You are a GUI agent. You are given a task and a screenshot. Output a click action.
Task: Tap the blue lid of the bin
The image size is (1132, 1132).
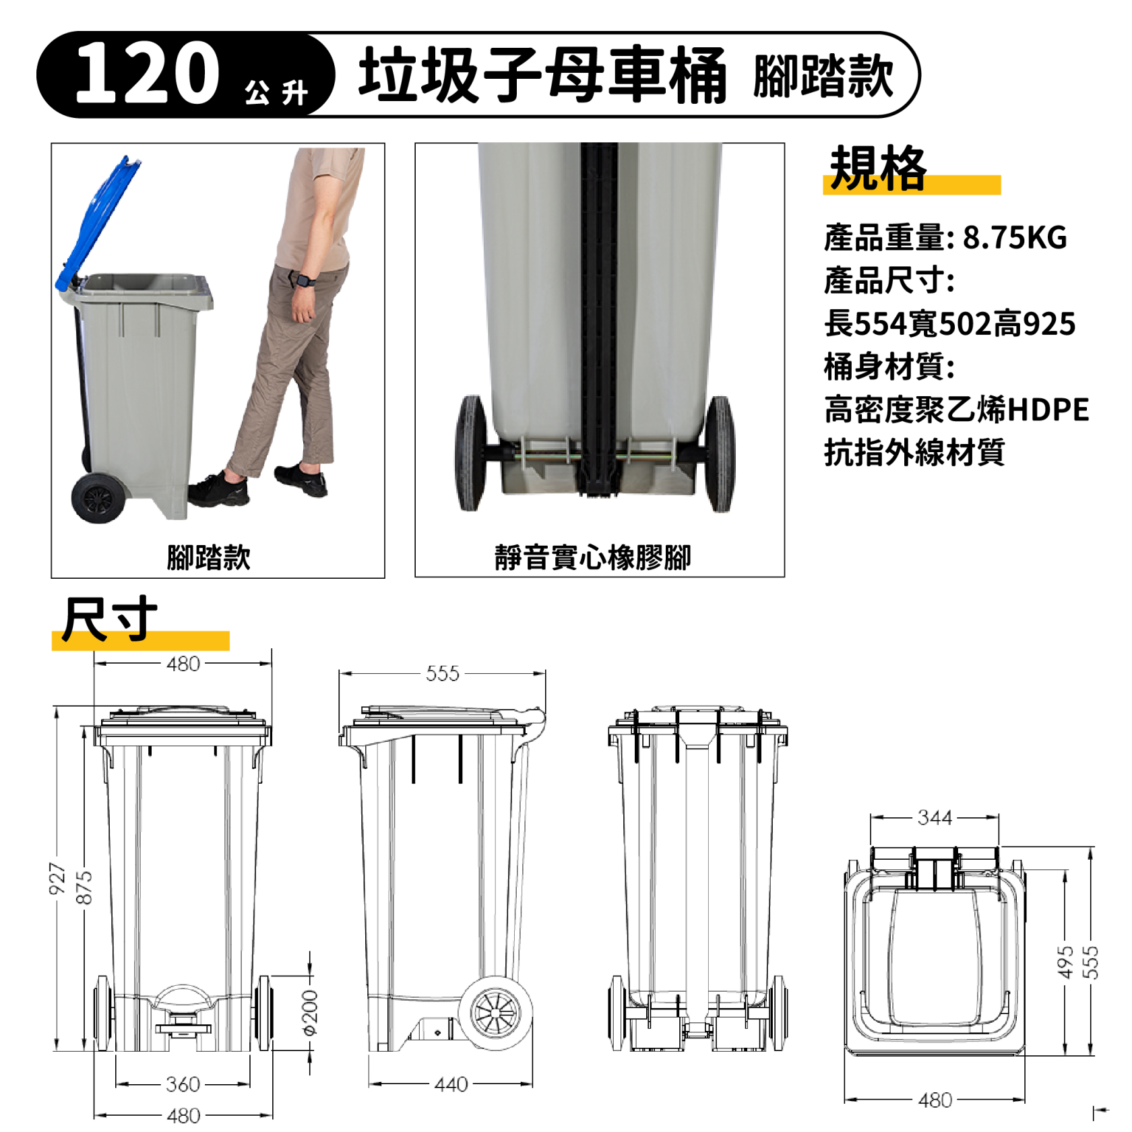[98, 222]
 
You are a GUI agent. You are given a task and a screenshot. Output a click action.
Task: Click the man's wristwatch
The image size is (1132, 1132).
[306, 280]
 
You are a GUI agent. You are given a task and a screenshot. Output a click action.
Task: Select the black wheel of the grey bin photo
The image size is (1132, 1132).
[98, 498]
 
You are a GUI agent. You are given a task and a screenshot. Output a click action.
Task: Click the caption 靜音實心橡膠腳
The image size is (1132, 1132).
[592, 558]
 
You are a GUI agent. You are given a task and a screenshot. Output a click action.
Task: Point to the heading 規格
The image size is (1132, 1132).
[878, 168]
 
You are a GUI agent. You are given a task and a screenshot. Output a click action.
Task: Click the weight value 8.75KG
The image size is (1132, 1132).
[1014, 238]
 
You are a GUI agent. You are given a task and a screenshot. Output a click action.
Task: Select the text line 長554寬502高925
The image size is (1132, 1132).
[949, 324]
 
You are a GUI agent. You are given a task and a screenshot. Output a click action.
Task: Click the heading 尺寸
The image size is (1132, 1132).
[109, 619]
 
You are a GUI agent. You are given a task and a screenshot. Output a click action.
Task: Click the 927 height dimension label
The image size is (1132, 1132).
[57, 879]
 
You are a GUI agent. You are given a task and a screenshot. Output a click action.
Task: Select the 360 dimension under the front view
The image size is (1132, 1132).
[183, 1084]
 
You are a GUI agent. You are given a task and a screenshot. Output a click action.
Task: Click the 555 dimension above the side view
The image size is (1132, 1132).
[442, 673]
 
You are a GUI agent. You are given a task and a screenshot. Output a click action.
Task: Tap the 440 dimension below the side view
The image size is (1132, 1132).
[451, 1084]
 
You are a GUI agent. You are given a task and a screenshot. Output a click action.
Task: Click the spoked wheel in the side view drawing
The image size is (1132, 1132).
[496, 1012]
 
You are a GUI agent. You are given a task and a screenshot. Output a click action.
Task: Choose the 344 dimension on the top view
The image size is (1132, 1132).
[935, 817]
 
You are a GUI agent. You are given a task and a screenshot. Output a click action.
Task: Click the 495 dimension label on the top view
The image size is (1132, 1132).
[1065, 962]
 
